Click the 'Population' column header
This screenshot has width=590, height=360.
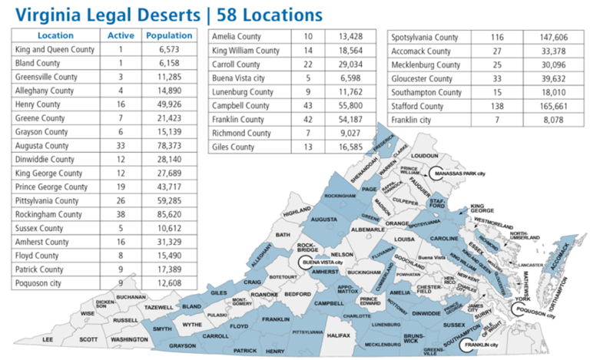169,35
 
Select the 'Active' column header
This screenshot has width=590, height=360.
121,35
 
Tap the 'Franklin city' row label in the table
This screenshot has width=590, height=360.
412,120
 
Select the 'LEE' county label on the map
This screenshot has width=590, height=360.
48,339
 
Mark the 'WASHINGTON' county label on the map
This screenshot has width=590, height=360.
128,339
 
